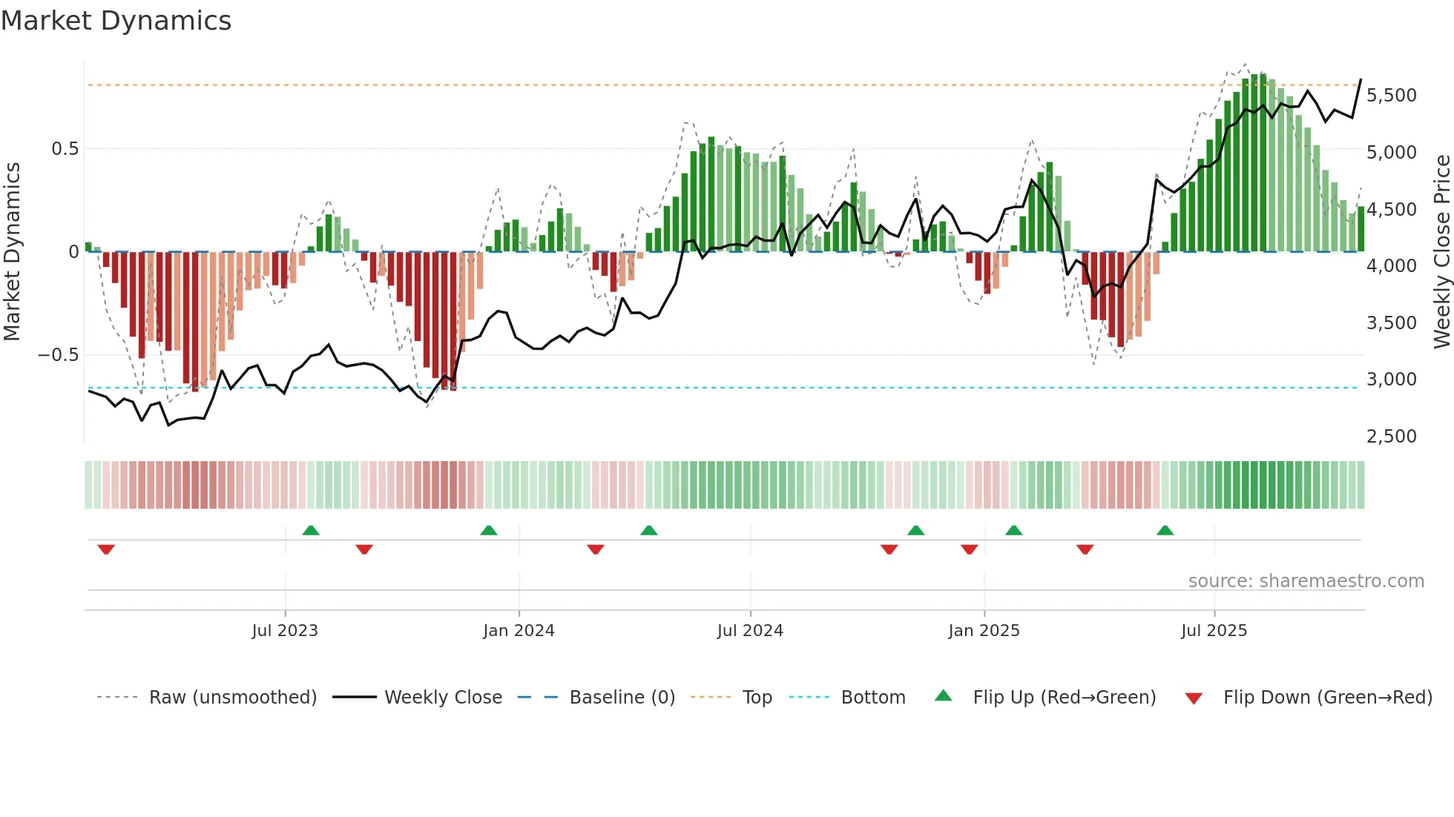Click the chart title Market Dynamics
point(116,21)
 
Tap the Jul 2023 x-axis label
point(285,631)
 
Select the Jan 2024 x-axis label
point(519,631)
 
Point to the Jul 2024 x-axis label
point(750,631)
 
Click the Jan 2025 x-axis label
point(984,631)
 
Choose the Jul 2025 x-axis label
point(1214,631)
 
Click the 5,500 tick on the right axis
point(1392,96)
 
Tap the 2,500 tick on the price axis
point(1392,437)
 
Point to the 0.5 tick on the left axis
point(65,149)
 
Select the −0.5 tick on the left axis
point(59,355)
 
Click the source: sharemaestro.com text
point(1306,581)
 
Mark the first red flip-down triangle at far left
point(106,549)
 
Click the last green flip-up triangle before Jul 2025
point(1165,530)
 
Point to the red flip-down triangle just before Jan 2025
point(969,549)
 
